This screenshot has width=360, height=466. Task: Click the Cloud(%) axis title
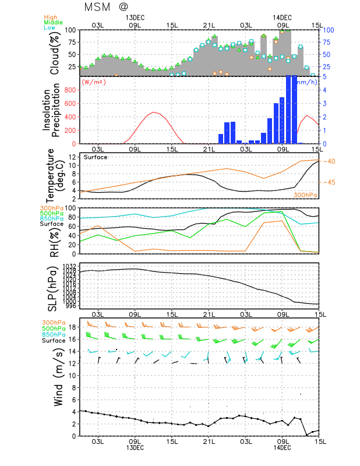click(55, 53)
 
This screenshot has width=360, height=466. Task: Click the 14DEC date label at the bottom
click(282, 447)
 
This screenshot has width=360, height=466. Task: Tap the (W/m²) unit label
click(95, 82)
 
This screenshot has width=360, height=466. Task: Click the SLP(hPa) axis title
click(55, 284)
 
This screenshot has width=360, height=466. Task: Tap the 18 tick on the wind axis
click(72, 327)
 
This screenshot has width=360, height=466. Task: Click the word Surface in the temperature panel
click(96, 157)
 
